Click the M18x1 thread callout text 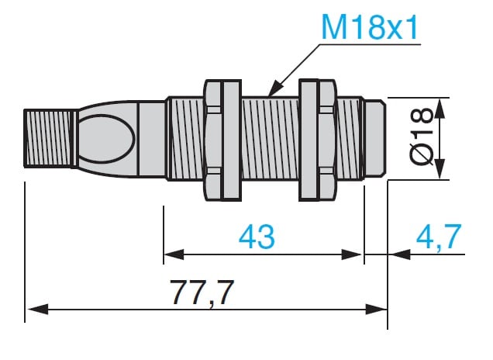click(x=370, y=28)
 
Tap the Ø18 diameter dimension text click(x=422, y=136)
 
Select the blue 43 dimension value click(x=257, y=236)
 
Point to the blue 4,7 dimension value click(x=439, y=236)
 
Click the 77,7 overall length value click(x=202, y=292)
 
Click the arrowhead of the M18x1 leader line click(x=274, y=88)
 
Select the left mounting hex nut click(x=222, y=140)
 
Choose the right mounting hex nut click(x=318, y=140)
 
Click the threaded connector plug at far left click(x=50, y=138)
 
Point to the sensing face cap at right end click(x=375, y=138)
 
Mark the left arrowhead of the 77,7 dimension click(x=38, y=309)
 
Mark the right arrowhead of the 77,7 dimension click(x=377, y=309)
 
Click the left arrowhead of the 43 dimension click(x=174, y=254)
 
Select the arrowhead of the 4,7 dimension click(x=399, y=254)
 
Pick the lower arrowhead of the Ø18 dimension click(x=440, y=169)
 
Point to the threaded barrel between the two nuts click(x=270, y=138)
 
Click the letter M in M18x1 click(x=334, y=28)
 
